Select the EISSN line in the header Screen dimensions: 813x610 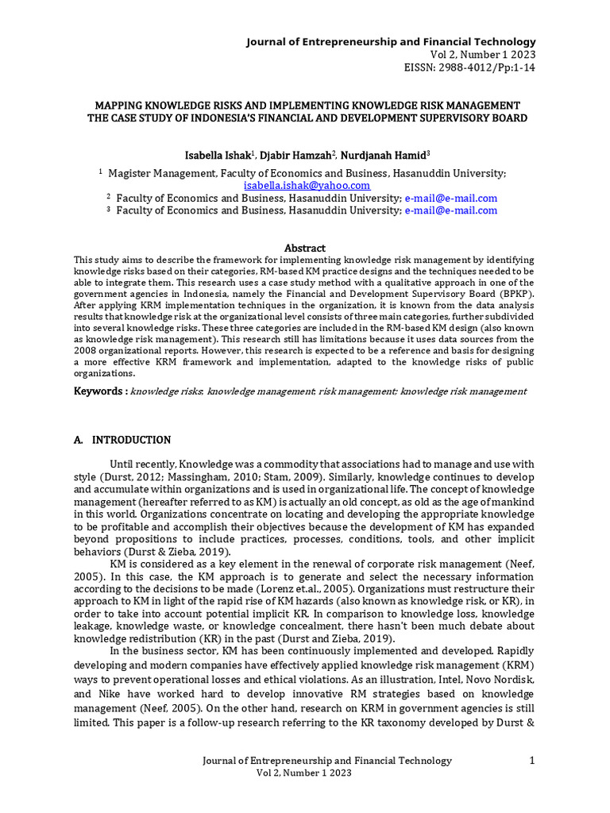coord(470,67)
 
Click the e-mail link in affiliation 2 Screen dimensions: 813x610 coord(450,198)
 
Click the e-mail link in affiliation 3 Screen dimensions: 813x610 coord(450,210)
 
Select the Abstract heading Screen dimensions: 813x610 coord(304,248)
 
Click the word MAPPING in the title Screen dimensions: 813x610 coord(120,106)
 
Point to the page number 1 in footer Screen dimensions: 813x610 coord(532,761)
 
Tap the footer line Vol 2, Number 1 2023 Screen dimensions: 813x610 coord(303,773)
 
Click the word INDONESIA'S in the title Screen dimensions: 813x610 coord(262,118)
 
